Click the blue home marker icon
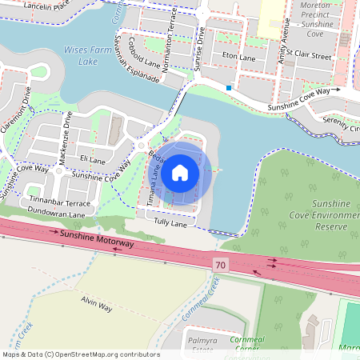pyautogui.click(x=180, y=172)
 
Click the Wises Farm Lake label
pyautogui.click(x=82, y=56)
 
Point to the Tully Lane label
pyautogui.click(x=170, y=222)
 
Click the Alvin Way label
pyautogui.click(x=96, y=302)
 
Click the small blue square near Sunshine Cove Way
pyautogui.click(x=229, y=87)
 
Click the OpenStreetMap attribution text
pyautogui.click(x=80, y=354)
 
